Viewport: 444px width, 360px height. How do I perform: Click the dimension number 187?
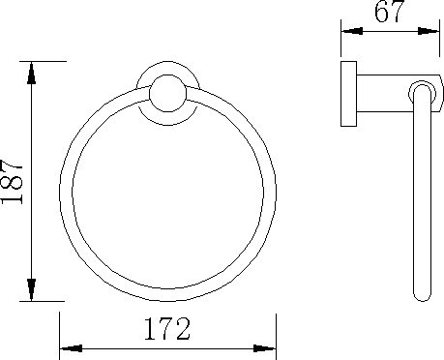click(x=13, y=181)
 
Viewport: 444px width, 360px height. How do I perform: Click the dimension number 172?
click(x=167, y=329)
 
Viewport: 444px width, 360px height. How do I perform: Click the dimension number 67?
click(x=389, y=11)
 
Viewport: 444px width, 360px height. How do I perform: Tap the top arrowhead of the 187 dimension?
click(x=31, y=73)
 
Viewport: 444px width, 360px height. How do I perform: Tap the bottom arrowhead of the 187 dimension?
click(x=31, y=289)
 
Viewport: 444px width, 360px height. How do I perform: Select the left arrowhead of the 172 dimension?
click(x=72, y=348)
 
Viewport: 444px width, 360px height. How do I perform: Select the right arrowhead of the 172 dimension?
click(x=264, y=348)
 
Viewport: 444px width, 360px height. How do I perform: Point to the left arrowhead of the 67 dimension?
click(x=352, y=31)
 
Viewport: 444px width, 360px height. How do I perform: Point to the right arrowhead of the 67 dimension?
click(x=429, y=31)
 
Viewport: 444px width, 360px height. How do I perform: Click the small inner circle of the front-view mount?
click(x=167, y=94)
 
